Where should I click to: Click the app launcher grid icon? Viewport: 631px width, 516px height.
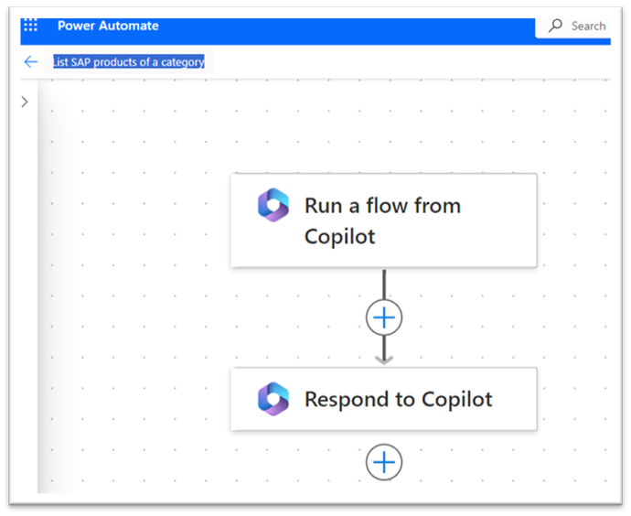pos(30,25)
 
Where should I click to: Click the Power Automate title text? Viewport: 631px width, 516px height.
pos(108,26)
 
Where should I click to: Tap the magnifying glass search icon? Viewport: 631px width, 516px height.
pos(555,26)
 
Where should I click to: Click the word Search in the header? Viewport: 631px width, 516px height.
pos(588,27)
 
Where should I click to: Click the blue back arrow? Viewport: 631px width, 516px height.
pos(30,61)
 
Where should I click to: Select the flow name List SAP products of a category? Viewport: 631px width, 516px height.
pos(129,62)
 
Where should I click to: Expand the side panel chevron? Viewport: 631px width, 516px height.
pos(25,102)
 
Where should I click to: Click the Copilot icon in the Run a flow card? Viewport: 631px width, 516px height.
pos(273,205)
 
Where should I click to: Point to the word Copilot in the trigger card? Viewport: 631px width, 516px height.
pos(339,236)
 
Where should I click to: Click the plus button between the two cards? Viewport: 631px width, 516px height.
pos(384,317)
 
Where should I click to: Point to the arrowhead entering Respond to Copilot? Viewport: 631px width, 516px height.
pos(384,360)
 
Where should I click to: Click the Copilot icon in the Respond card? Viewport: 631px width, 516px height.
pos(273,399)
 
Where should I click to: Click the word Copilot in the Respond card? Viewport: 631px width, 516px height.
pos(456,400)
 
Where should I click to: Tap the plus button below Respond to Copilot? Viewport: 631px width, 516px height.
pos(384,462)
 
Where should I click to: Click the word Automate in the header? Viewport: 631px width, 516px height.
pos(129,26)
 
